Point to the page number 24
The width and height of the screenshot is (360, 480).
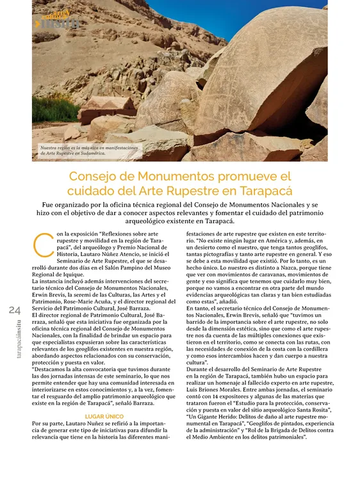(15, 310)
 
